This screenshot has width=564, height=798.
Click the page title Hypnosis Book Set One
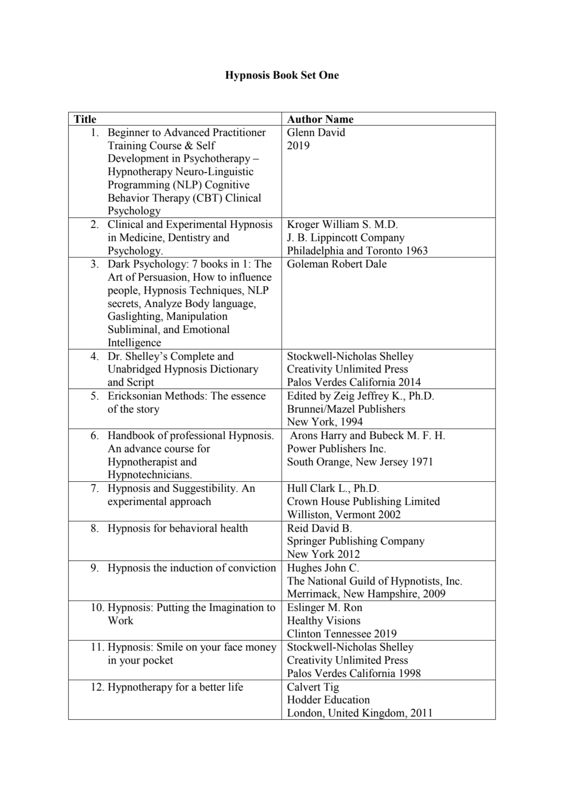click(x=282, y=75)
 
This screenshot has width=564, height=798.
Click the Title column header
click(x=85, y=119)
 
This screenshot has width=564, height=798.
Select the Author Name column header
click(x=320, y=119)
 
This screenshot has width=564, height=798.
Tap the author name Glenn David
click(x=316, y=133)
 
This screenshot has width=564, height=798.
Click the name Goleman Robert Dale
click(x=337, y=264)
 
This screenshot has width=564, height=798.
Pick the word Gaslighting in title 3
click(x=134, y=317)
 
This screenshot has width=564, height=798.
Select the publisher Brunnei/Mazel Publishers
click(x=346, y=409)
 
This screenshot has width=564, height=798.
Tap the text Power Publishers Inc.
click(x=336, y=449)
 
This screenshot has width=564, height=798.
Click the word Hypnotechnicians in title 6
click(x=150, y=475)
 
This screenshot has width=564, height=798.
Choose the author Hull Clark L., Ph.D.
click(x=333, y=489)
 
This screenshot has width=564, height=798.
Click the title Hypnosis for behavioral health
click(x=178, y=528)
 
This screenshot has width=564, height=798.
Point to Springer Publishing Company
click(x=355, y=541)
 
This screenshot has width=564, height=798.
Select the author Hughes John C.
click(x=323, y=568)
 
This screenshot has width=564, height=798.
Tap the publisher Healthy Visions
click(x=324, y=621)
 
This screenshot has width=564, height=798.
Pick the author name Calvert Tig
click(x=313, y=687)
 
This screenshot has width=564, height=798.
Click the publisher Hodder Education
click(x=328, y=700)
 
